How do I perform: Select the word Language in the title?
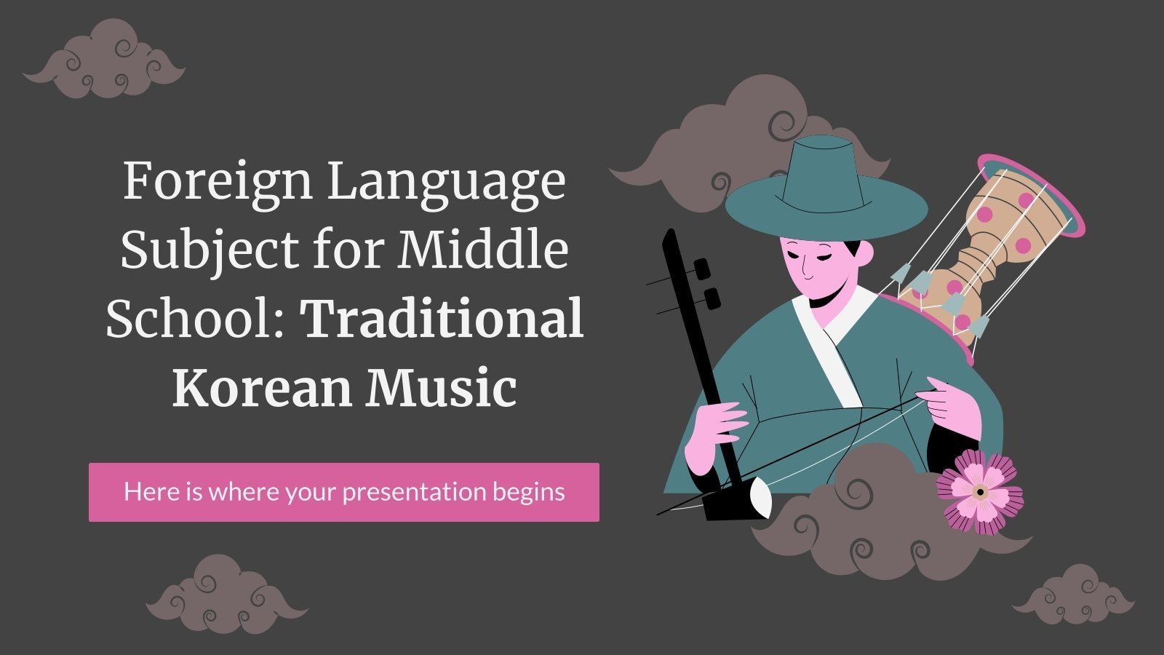446,183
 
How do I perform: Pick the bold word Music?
441,386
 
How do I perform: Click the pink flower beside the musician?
979,491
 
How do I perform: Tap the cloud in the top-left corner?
104,60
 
